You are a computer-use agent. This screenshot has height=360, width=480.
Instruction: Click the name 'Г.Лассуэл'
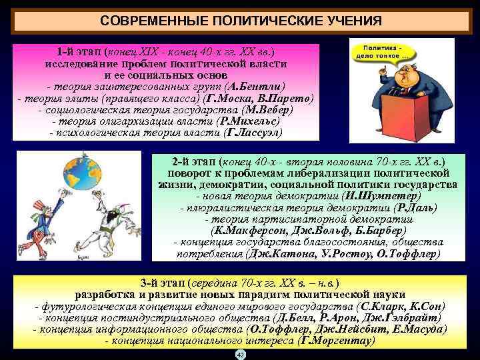254,133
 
